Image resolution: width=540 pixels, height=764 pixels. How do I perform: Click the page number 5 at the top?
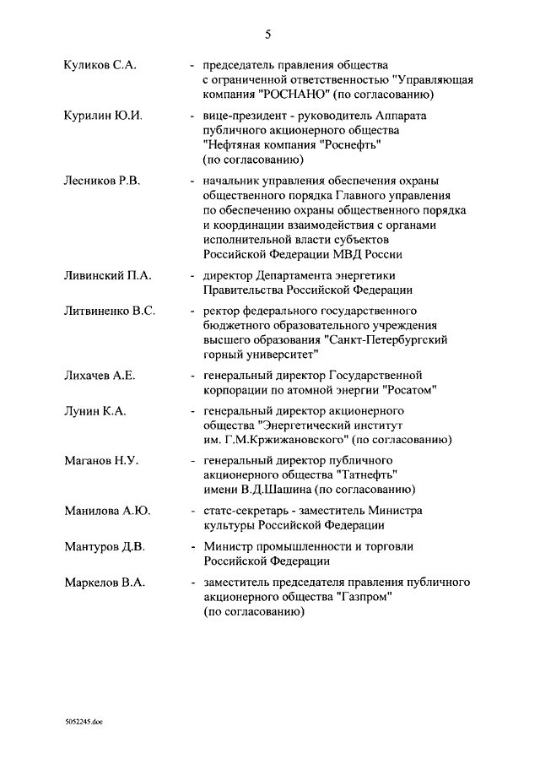click(268, 35)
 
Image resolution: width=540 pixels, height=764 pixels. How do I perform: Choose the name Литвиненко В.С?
click(110, 311)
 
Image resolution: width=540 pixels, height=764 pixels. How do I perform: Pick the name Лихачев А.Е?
click(100, 375)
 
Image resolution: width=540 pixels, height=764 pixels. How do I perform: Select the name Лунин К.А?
click(94, 411)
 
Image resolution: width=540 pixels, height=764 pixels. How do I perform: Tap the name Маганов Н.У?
click(100, 461)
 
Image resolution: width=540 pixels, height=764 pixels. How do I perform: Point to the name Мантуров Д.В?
click(105, 547)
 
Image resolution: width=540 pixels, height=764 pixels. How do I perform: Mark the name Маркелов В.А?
click(105, 582)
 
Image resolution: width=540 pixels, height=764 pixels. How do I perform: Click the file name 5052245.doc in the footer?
click(83, 723)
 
